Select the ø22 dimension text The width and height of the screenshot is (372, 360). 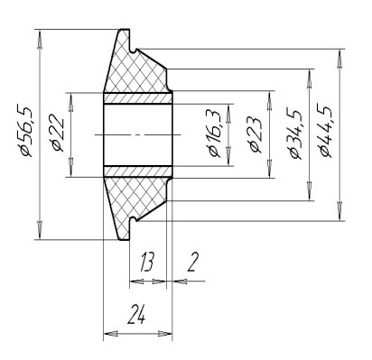(58, 133)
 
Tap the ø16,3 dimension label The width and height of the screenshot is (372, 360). (215, 134)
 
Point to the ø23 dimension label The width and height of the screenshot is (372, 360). (256, 134)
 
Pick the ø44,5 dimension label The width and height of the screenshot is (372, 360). (326, 131)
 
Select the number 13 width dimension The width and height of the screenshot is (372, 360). (147, 262)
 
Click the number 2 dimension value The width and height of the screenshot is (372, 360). (192, 262)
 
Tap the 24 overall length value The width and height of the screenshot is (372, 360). (136, 314)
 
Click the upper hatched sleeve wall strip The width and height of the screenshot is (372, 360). (138, 98)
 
